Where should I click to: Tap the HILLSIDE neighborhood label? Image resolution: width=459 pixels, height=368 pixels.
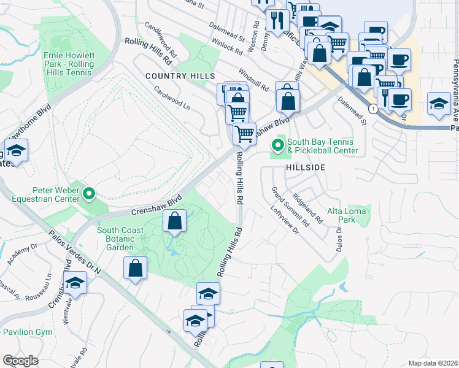click(x=305, y=167)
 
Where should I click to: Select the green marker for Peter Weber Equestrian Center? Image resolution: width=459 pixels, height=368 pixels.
click(x=89, y=194)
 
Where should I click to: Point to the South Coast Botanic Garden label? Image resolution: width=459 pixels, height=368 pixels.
click(x=120, y=239)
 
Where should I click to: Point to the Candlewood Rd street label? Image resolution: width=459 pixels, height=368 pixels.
click(x=161, y=39)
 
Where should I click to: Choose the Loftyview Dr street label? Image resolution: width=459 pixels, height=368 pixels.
click(x=284, y=220)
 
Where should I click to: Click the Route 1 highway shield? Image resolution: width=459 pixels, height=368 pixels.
click(x=373, y=108)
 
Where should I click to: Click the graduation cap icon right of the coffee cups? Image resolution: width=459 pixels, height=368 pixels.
click(x=439, y=103)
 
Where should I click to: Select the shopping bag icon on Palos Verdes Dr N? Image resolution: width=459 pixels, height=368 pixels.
click(x=136, y=268)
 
